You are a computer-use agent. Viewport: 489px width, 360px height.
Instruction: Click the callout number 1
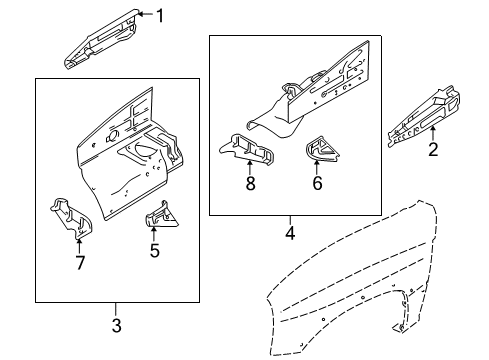pos(157,14)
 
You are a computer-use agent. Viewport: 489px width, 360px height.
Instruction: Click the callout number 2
pos(433,150)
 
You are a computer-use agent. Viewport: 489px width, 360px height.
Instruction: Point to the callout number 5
pos(154,251)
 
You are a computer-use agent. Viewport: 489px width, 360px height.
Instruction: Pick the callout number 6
pos(318,184)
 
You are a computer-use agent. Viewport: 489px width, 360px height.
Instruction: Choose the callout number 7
pos(80,263)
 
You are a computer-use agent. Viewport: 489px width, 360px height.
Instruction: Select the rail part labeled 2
pos(428,110)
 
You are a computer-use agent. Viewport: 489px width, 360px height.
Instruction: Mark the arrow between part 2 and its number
pos(433,133)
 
